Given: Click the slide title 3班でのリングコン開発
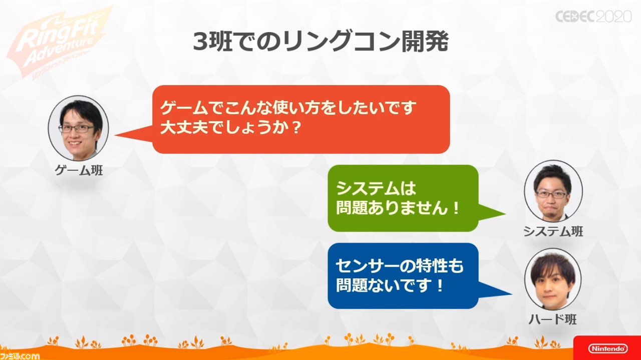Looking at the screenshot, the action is [x=321, y=42].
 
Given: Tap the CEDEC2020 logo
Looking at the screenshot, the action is [x=593, y=17].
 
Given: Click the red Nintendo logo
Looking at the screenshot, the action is [x=607, y=348].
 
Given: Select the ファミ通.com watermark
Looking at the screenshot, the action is [x=20, y=356].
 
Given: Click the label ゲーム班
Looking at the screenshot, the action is [x=79, y=170].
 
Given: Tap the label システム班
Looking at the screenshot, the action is [x=553, y=231].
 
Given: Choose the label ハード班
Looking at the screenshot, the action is [x=552, y=319].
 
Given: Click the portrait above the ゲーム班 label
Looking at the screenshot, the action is [x=79, y=128].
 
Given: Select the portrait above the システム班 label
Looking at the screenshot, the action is [x=553, y=191].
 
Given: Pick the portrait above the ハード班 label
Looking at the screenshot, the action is [x=553, y=279].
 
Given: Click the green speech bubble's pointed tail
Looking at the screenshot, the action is [x=492, y=213].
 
